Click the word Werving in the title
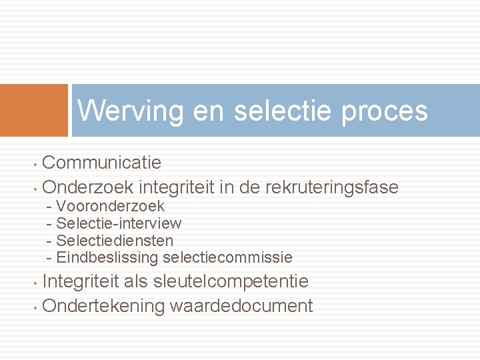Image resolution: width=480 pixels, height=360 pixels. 130,111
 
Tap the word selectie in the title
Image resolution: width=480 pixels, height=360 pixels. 283,111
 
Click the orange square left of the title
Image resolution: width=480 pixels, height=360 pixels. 34,110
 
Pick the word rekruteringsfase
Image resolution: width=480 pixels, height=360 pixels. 331,187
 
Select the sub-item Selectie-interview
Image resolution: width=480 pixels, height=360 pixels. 119,223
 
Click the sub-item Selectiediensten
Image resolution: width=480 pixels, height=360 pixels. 115,240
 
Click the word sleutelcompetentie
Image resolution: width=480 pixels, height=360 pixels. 231,281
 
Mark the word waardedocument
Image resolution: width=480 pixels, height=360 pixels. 241,306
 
